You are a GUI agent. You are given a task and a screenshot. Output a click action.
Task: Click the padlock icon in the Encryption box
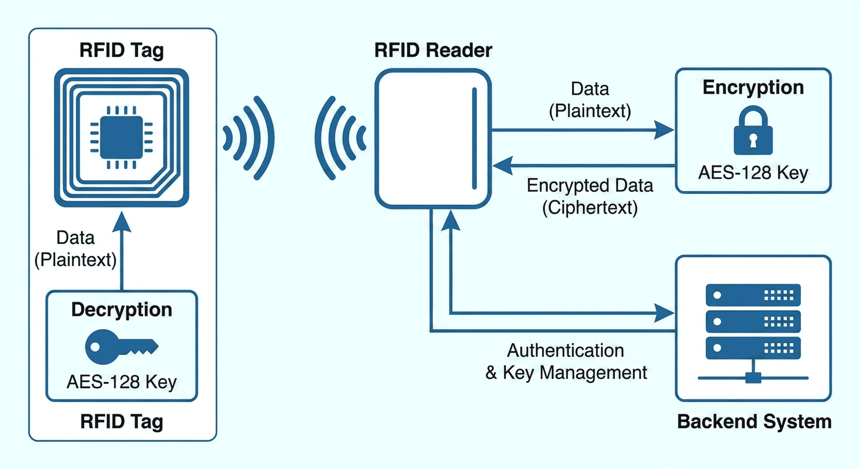[753, 132]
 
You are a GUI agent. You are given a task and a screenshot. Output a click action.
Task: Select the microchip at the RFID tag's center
[121, 138]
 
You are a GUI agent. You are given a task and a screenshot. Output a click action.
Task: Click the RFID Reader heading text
[433, 50]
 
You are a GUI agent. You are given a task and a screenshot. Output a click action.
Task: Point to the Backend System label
[754, 422]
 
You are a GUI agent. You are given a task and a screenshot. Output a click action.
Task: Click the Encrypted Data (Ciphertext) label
[590, 196]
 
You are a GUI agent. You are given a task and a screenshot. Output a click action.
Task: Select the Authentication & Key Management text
[566, 362]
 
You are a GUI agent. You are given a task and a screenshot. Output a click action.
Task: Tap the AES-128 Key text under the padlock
[753, 172]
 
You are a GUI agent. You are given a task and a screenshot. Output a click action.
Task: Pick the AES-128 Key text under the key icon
[121, 382]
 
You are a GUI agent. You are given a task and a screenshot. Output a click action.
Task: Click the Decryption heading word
[121, 309]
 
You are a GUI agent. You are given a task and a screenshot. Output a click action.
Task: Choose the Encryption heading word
[753, 88]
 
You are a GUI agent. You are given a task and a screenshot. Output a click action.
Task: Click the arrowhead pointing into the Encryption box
[664, 130]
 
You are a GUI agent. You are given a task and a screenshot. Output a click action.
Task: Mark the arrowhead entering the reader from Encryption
[503, 165]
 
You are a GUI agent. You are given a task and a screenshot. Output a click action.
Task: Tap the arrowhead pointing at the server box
[664, 313]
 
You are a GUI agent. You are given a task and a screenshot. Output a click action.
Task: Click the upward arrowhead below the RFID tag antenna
[122, 221]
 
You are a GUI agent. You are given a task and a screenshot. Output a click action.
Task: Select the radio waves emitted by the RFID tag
[249, 138]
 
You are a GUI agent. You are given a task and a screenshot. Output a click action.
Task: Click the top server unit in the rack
[752, 295]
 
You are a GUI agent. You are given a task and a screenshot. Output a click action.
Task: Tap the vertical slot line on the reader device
[474, 139]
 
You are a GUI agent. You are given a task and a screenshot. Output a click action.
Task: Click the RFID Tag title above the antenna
[121, 50]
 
